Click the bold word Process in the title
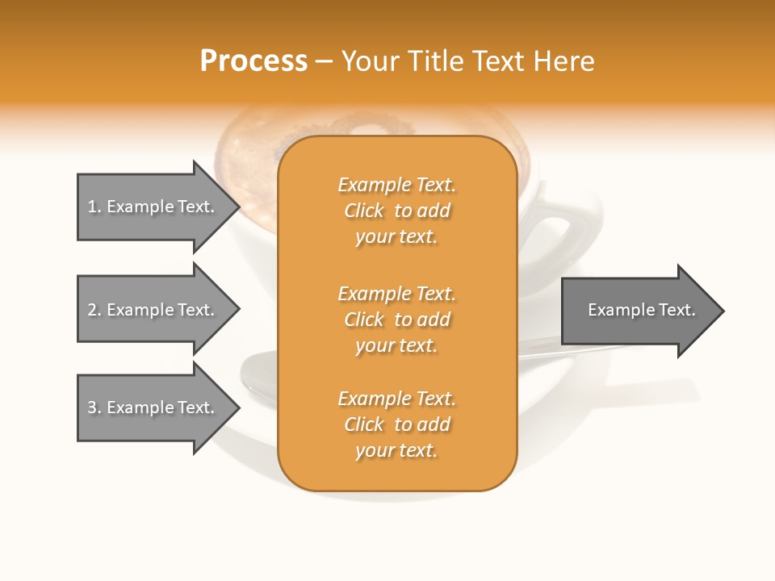[253, 61]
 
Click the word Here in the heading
[564, 61]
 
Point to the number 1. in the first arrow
[94, 207]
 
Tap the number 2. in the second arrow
[94, 310]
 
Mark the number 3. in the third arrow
[94, 408]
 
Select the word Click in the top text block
[364, 211]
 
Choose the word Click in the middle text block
[364, 320]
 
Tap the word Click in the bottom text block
[364, 424]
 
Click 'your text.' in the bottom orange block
[396, 450]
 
